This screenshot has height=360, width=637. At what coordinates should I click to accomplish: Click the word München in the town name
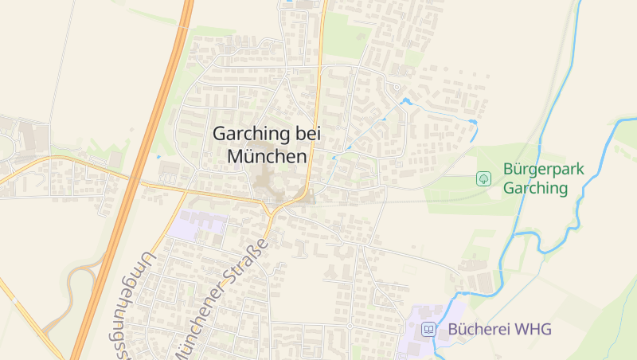coord(267,157)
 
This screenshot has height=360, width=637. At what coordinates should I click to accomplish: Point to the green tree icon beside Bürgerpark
coord(483,178)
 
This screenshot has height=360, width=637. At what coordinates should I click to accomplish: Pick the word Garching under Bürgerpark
coord(535,189)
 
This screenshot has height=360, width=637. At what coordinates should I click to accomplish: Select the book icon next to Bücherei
coord(429,328)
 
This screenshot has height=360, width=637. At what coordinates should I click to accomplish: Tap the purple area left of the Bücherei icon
coord(410,328)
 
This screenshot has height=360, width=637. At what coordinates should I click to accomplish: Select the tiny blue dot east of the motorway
coord(158,157)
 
